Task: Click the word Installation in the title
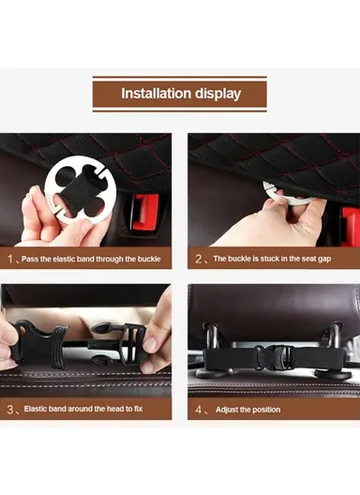coord(156,94)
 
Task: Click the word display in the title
coord(217,94)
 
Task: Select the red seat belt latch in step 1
coord(146,211)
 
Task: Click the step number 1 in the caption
coord(10,259)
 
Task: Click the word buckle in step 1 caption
coord(149,259)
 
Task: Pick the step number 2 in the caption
coord(198,259)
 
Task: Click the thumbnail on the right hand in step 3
coord(150,344)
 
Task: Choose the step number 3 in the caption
coord(10,410)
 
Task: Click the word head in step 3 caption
coord(115,409)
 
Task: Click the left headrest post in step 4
coord(212,337)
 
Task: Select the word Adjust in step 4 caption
coord(227,410)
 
